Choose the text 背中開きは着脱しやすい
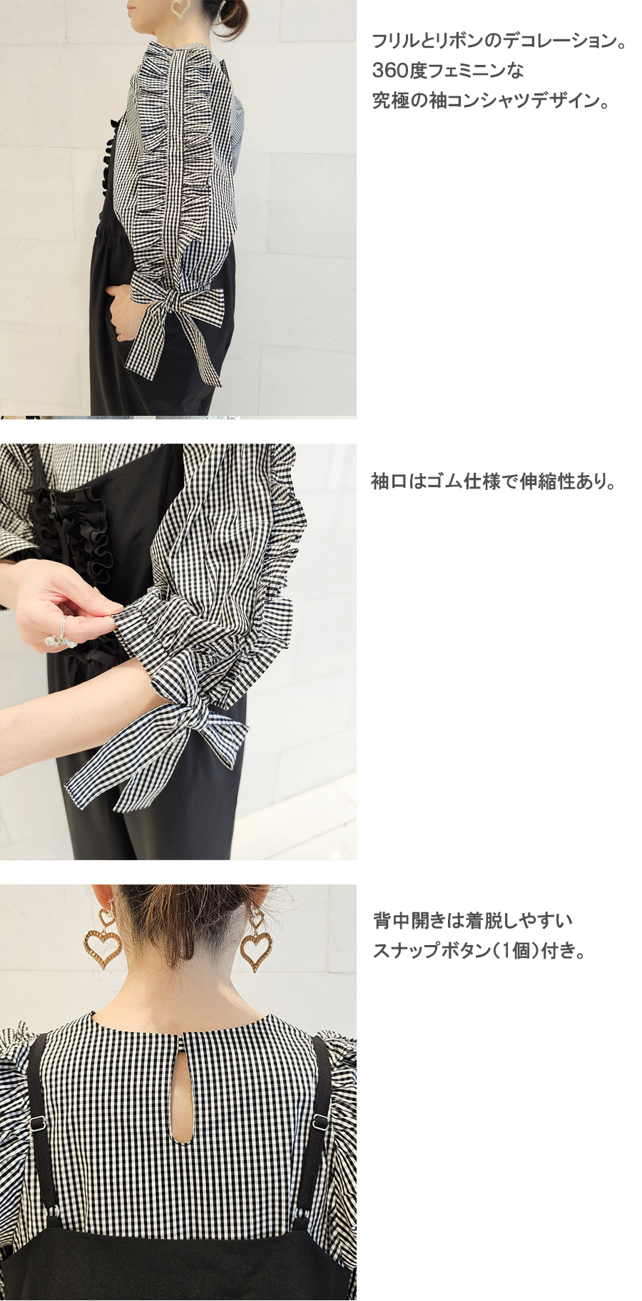473,921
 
